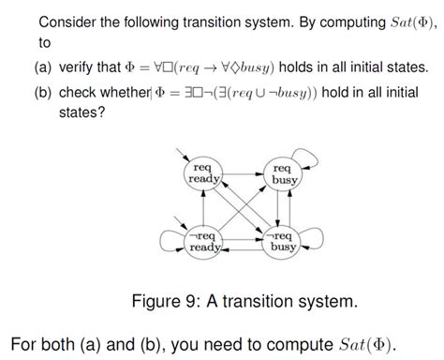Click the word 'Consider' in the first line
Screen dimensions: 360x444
pos(68,22)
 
